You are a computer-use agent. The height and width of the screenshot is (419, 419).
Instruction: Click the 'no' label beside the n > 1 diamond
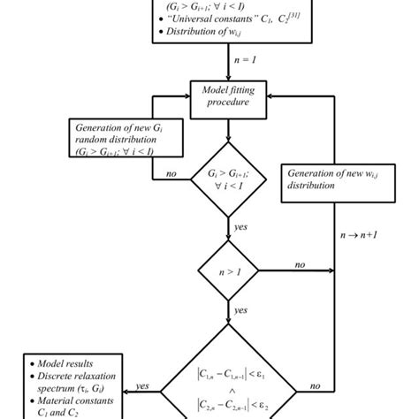pos(300,263)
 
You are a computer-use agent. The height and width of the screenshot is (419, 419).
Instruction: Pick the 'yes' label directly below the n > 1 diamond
pos(240,310)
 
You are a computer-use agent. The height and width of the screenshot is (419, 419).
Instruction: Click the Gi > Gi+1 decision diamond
pos(229,180)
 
